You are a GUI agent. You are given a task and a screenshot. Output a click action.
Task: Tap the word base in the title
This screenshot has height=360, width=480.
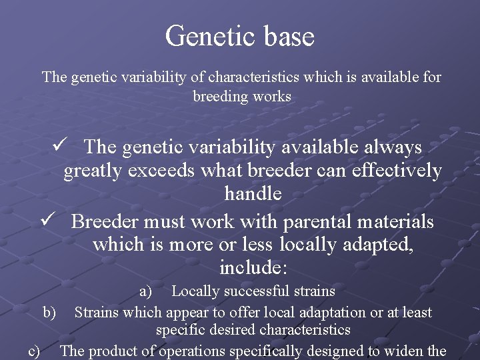[287, 36]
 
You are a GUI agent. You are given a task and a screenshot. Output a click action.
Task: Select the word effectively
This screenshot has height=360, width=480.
[388, 171]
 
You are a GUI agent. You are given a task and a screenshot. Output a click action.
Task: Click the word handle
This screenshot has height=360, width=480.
[253, 195]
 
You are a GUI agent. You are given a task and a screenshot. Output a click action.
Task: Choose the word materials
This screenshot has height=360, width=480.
[390, 221]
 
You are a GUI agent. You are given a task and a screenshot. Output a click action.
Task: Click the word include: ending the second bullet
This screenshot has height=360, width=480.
[253, 269]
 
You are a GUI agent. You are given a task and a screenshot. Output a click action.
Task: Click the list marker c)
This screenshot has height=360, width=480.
[33, 351]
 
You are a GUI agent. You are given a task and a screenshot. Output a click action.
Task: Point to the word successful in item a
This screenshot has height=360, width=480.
[257, 291]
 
